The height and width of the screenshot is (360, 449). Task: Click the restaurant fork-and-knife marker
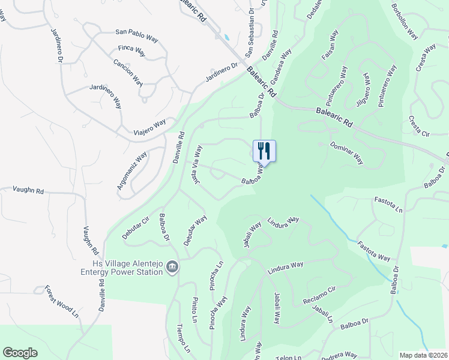[x=264, y=150]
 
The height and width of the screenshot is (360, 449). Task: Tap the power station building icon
[x=172, y=266]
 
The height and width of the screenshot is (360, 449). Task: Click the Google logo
[x=20, y=353]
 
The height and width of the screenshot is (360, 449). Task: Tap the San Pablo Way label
[x=136, y=35]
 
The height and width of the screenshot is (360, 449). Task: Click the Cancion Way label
[x=128, y=72]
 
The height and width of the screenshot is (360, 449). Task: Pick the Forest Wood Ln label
[x=61, y=301]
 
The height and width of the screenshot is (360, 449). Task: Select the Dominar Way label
[x=347, y=152]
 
